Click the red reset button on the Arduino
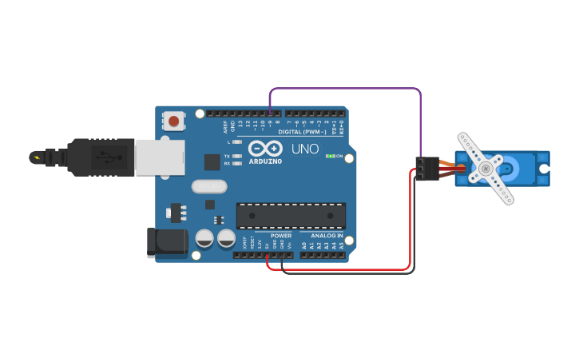tap(173, 121)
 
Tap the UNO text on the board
tap(304, 149)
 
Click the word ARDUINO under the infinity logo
tap(265, 161)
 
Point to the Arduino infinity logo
tap(265, 149)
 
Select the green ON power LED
tap(330, 157)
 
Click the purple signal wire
tap(343, 89)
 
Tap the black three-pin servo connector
tap(423, 169)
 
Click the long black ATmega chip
tap(291, 216)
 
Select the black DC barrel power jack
tap(166, 243)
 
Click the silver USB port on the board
tap(160, 157)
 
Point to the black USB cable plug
tap(101, 157)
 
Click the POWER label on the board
tap(280, 236)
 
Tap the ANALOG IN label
tap(327, 236)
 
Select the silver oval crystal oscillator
tap(209, 187)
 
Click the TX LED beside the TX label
tap(237, 156)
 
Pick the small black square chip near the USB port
tap(212, 161)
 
